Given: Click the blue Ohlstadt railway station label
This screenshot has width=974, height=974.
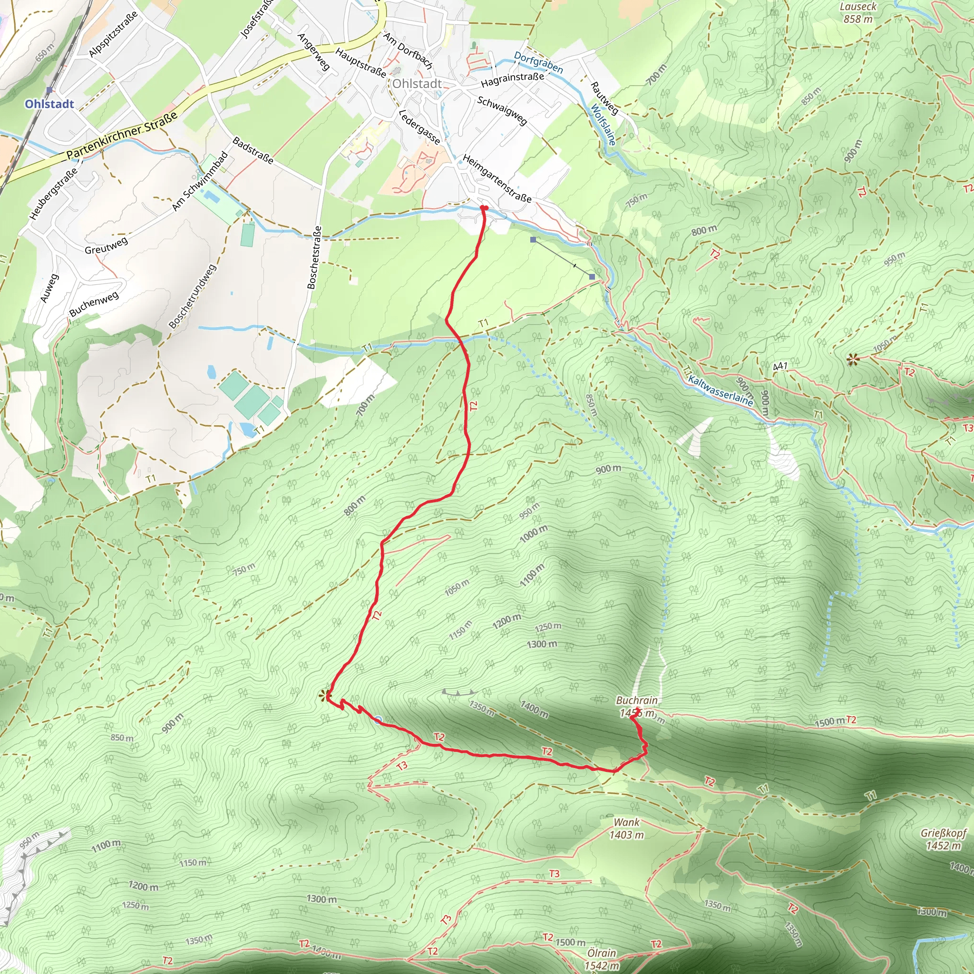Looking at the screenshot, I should click(49, 104).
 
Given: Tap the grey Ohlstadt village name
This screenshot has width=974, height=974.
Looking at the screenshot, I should click(417, 84).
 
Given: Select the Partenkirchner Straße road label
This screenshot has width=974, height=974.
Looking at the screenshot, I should click(122, 135).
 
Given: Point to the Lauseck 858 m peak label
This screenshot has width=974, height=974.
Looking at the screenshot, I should click(858, 13).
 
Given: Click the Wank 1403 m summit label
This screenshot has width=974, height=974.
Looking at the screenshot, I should click(626, 828).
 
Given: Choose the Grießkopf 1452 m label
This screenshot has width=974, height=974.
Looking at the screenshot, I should click(943, 839).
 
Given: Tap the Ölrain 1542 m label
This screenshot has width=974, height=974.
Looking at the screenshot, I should click(602, 959).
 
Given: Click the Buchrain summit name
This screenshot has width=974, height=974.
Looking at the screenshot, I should click(637, 700).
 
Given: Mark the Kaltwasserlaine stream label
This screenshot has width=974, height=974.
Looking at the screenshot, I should click(720, 391).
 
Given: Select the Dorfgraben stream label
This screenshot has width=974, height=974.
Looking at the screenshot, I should click(538, 62).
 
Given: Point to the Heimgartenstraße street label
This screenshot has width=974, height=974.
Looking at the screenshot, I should click(497, 178).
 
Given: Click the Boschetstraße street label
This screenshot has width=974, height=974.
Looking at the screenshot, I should click(314, 258).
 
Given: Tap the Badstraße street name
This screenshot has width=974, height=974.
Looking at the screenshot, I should click(253, 150).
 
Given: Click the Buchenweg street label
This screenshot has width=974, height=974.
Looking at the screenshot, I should click(94, 303).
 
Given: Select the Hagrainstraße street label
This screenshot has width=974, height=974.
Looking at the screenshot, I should click(512, 79).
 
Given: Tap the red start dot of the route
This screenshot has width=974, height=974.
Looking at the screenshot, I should click(484, 208).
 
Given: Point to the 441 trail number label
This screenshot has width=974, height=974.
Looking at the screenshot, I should click(780, 366).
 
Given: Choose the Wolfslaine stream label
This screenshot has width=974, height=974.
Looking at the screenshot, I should click(604, 125).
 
